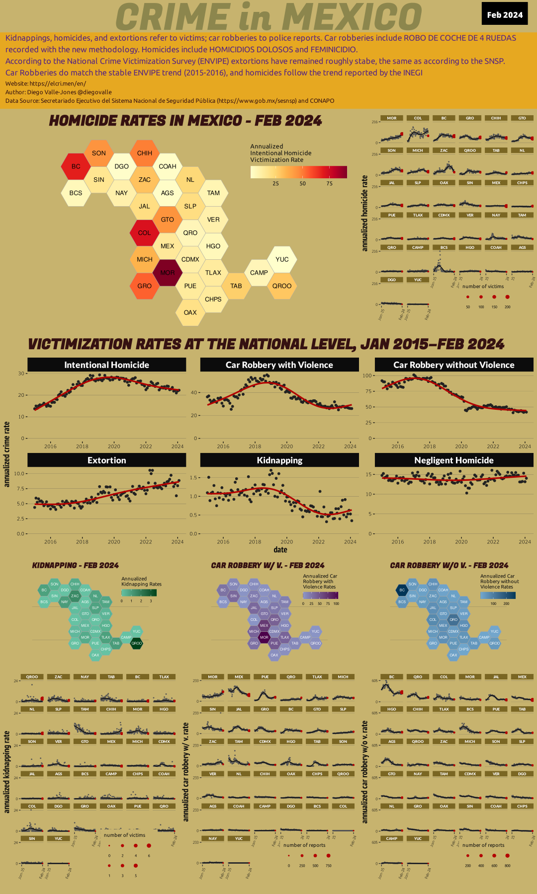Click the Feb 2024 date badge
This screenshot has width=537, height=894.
tap(505, 14)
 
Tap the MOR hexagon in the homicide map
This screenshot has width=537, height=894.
tap(168, 273)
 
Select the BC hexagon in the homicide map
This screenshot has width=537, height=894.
tap(76, 166)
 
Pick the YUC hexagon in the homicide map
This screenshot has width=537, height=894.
tap(282, 259)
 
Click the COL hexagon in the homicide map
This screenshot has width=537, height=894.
tap(145, 232)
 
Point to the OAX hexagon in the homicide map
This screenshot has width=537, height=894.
tap(190, 312)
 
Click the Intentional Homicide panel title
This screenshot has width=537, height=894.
tap(106, 365)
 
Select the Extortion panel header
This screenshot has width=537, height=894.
tap(106, 460)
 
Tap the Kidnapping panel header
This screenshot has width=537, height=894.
tap(279, 460)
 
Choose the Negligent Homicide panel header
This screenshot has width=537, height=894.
tap(453, 460)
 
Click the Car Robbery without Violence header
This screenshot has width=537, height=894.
tap(453, 365)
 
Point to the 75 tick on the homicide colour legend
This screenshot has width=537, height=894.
tap(330, 184)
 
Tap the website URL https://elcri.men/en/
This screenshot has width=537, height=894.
tap(58, 83)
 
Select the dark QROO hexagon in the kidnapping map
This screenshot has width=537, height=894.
tap(136, 643)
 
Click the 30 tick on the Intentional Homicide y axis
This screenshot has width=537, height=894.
tap(21, 373)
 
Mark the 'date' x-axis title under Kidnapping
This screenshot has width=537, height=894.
tap(280, 549)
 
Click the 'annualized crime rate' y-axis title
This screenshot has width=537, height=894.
tap(7, 454)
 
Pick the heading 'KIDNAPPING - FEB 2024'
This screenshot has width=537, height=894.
tap(76, 565)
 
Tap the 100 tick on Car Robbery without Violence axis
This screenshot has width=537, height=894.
tap(367, 375)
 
